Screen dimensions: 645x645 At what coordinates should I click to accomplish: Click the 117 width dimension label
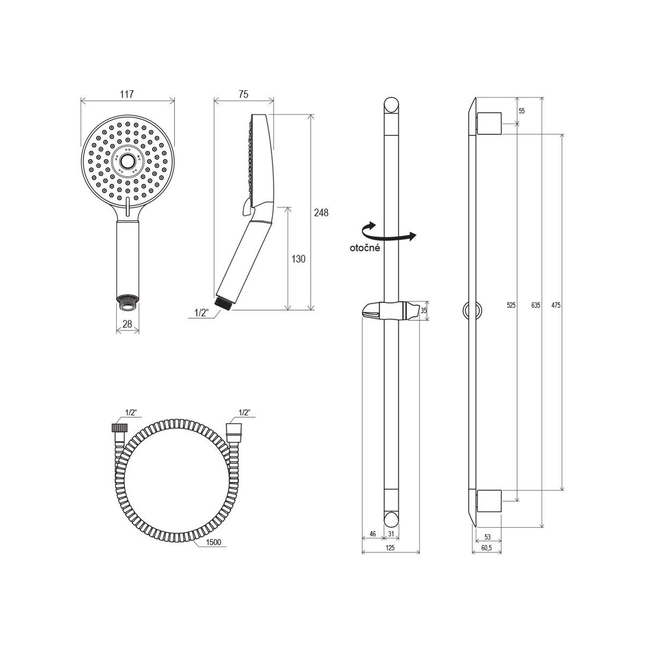point(127,95)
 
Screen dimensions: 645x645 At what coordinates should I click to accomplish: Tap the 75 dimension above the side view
point(243,95)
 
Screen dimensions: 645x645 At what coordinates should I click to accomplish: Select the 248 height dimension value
point(321,212)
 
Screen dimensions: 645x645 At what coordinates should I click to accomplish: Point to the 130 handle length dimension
point(298,259)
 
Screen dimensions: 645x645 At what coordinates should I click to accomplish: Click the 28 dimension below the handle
point(127,324)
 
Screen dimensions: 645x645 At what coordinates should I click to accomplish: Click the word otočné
point(365,248)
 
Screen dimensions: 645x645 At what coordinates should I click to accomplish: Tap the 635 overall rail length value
point(535,305)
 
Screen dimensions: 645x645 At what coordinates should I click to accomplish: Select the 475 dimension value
point(556,305)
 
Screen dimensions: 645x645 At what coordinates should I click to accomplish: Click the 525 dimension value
point(511,305)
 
